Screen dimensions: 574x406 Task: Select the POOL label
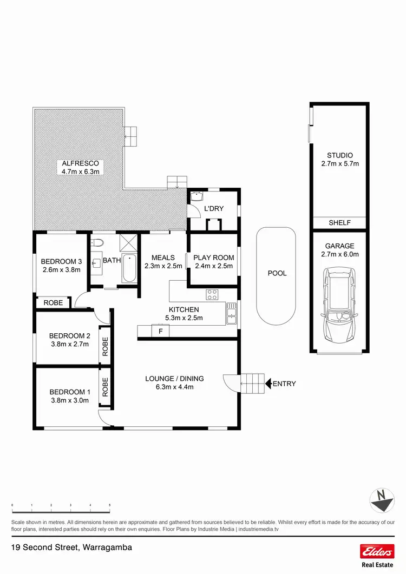pyautogui.click(x=277, y=273)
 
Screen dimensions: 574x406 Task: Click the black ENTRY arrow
pyautogui.click(x=267, y=384)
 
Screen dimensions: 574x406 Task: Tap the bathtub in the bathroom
pyautogui.click(x=129, y=269)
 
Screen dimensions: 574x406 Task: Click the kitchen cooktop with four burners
pyautogui.click(x=212, y=295)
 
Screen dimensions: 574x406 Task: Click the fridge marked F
pyautogui.click(x=160, y=331)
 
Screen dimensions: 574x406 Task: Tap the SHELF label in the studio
pyautogui.click(x=339, y=223)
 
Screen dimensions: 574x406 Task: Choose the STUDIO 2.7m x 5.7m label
pyautogui.click(x=339, y=160)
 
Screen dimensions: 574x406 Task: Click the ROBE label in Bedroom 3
pyautogui.click(x=53, y=303)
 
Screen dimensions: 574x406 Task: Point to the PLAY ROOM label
pyautogui.click(x=214, y=258)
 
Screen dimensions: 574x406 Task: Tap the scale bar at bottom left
pyautogui.click(x=61, y=509)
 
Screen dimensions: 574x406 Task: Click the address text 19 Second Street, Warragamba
pyautogui.click(x=71, y=547)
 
